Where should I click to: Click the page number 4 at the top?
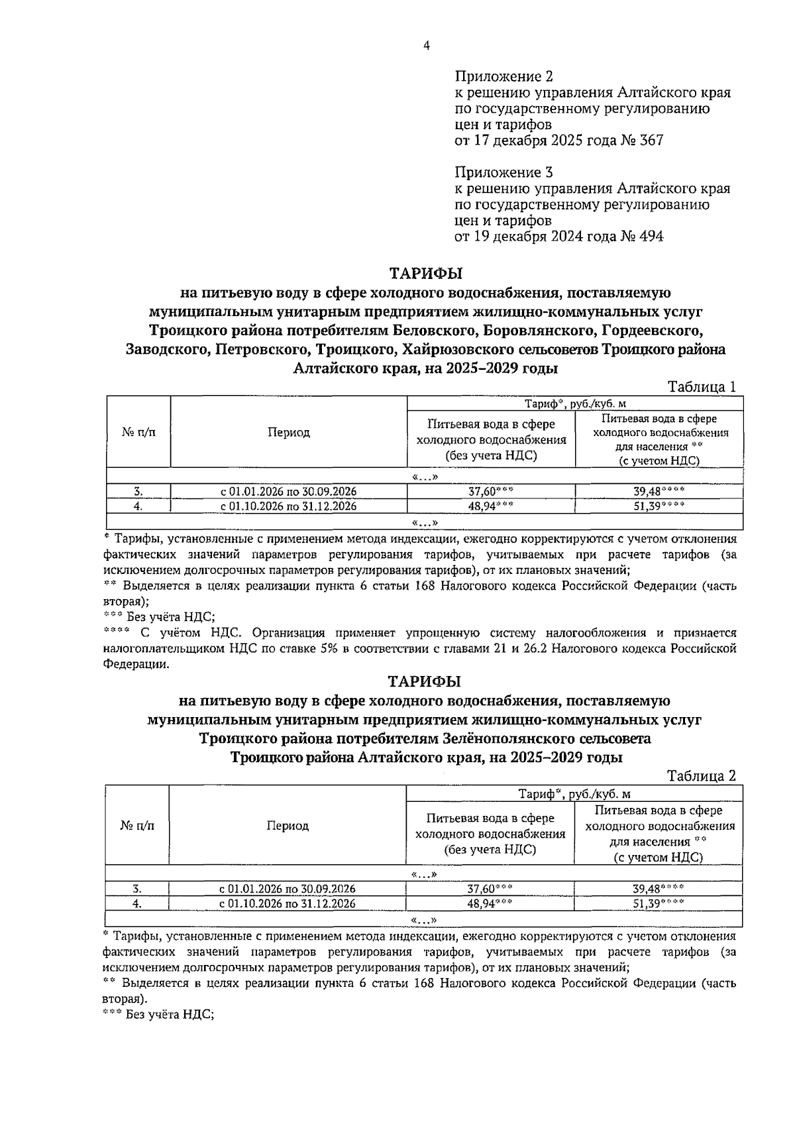426,46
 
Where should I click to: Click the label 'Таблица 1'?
702,388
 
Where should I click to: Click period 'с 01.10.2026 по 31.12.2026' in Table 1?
288,506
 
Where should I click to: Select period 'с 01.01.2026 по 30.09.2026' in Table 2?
288,889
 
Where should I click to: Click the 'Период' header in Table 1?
288,433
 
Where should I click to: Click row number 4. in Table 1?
138,506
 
